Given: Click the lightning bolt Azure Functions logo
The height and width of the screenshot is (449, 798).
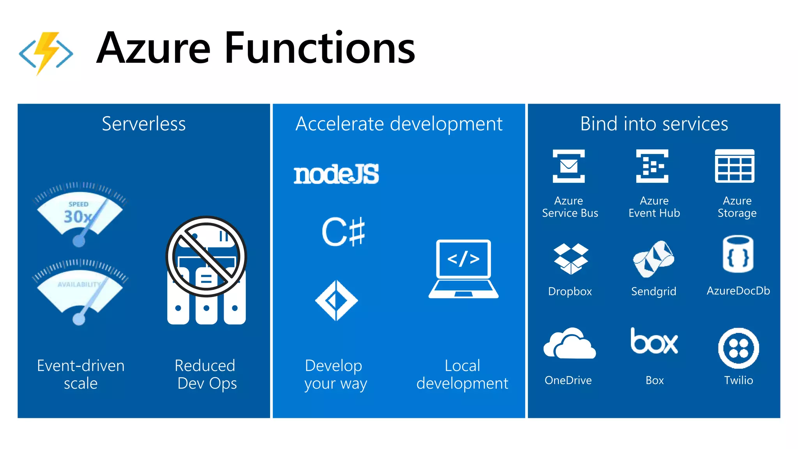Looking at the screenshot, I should click(46, 53).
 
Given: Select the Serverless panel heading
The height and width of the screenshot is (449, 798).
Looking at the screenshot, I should click(143, 124).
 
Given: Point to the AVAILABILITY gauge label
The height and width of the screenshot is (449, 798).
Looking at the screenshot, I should click(79, 285).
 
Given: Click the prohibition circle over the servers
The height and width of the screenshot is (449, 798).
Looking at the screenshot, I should click(206, 256).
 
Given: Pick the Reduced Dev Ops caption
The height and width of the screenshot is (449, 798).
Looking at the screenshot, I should click(206, 374).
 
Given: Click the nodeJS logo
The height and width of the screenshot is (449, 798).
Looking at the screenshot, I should click(336, 174).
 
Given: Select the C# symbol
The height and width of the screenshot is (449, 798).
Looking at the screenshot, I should click(343, 232).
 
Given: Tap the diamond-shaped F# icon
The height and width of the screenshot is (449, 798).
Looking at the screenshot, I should click(336, 301).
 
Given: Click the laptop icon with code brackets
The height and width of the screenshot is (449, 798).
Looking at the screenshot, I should click(463, 269).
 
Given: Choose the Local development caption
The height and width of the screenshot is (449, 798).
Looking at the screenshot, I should click(462, 374).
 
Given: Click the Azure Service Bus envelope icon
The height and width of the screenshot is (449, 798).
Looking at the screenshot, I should click(568, 166).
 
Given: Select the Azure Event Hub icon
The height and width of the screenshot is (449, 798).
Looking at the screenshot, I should click(652, 166).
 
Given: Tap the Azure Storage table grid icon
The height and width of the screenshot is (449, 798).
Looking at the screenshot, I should click(734, 166).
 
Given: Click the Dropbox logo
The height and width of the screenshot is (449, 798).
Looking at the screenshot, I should click(570, 258).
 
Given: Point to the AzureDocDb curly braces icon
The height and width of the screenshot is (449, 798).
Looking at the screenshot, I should click(738, 254).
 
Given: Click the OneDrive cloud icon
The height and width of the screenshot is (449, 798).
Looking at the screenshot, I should click(569, 344).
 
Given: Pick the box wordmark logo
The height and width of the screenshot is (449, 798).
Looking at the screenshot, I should click(654, 341).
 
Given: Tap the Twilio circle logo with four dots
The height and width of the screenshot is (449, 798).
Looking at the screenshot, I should click(738, 348).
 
